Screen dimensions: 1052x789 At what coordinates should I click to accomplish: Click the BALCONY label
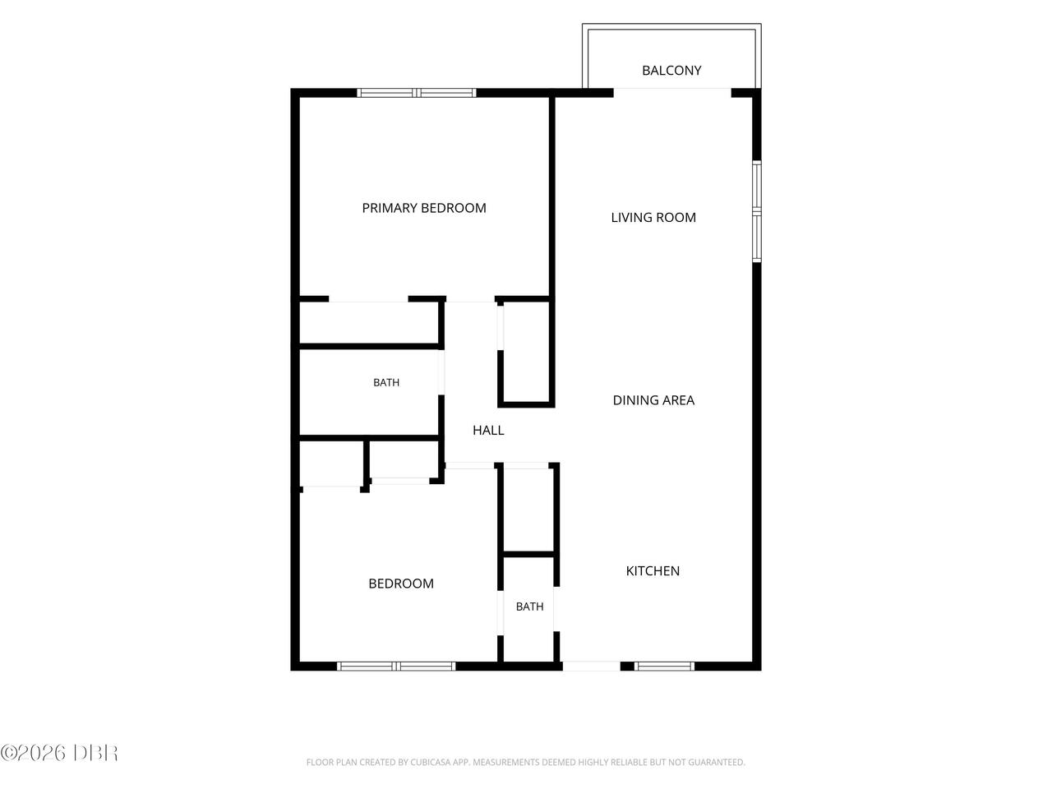(x=671, y=71)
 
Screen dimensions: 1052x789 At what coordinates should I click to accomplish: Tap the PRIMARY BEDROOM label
(x=423, y=208)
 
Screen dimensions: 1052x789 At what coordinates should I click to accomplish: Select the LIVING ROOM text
(x=653, y=218)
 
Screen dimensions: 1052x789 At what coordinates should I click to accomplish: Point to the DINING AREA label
(x=653, y=400)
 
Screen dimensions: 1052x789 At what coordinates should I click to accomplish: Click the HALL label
(x=488, y=430)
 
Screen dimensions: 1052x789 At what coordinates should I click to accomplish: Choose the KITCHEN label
(x=653, y=570)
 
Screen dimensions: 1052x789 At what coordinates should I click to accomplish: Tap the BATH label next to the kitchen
(x=529, y=607)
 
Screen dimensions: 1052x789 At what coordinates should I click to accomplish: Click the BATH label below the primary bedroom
(x=386, y=382)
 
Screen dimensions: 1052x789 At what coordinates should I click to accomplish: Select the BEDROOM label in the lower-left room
(x=401, y=583)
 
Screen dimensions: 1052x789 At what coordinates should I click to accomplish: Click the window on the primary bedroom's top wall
(x=417, y=93)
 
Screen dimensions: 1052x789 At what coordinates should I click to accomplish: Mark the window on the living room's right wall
(x=756, y=211)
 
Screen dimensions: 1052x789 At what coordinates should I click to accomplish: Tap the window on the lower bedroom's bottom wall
(x=396, y=666)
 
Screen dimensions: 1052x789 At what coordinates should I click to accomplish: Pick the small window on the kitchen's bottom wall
(x=664, y=666)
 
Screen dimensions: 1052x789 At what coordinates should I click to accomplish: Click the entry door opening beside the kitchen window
(x=592, y=666)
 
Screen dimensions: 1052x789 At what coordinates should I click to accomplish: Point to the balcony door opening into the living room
(x=672, y=92)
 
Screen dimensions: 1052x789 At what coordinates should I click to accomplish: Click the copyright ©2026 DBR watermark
(x=59, y=753)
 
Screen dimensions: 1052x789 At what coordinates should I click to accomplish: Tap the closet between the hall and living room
(x=526, y=352)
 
